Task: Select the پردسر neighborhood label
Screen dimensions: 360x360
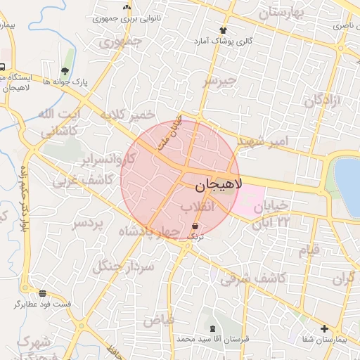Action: [x=88, y=224]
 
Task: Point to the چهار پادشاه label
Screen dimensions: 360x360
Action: [x=149, y=231]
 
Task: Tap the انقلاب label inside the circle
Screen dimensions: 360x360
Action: [x=197, y=207]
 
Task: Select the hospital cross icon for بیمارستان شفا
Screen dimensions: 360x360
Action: [x=324, y=328]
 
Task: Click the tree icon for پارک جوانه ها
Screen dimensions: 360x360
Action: [x=65, y=70]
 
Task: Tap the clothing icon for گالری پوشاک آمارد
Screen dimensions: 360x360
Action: [x=224, y=30]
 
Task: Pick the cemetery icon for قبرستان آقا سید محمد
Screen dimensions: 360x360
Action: [x=212, y=328]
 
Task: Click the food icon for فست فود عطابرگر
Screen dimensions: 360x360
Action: [x=43, y=292]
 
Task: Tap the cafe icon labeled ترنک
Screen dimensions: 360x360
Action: [x=194, y=226]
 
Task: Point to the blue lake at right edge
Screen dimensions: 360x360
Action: [x=349, y=186]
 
